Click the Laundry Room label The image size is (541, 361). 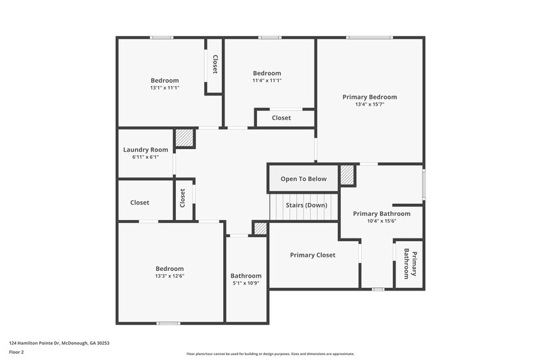click(x=145, y=150)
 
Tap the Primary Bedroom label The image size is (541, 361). click(x=369, y=97)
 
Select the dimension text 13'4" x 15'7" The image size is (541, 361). click(x=369, y=104)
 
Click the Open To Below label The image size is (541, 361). click(x=304, y=179)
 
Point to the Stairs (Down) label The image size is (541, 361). click(x=306, y=205)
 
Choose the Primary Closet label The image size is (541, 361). click(x=312, y=255)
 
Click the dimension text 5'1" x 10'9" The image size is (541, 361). click(x=245, y=283)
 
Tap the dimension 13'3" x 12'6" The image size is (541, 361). click(x=169, y=276)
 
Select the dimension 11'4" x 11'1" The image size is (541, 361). click(x=266, y=81)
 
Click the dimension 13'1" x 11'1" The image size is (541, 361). click(x=164, y=87)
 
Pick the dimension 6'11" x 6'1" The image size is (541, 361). click(x=145, y=156)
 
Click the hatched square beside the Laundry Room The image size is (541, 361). click(x=185, y=138)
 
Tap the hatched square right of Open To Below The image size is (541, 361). click(x=348, y=175)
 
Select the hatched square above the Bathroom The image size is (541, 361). click(x=260, y=228)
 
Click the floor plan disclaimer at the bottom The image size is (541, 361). click(x=270, y=354)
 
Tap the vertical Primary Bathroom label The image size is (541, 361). click(x=410, y=263)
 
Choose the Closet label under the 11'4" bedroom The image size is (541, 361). click(x=281, y=118)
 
